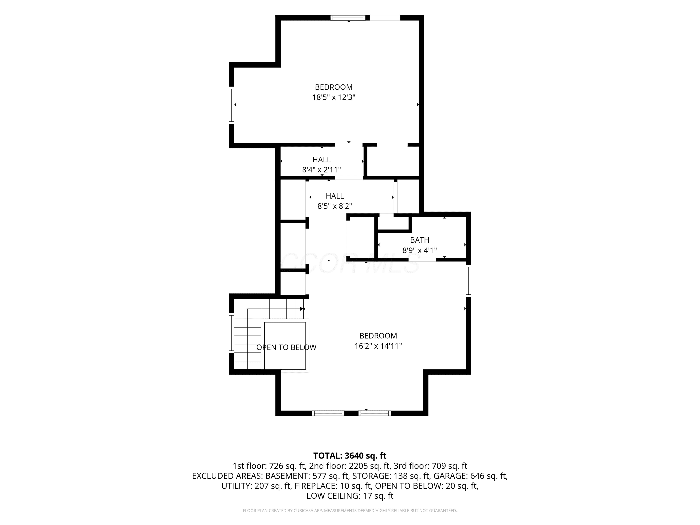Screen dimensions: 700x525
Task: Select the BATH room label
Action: (420, 240)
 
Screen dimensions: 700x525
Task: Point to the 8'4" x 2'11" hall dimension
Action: (322, 170)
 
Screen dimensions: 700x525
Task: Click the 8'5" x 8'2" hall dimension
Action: (335, 206)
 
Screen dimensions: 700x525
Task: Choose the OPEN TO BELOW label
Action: (286, 347)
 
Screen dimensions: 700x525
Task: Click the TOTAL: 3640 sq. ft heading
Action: (350, 456)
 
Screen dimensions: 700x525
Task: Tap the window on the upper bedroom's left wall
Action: (231, 105)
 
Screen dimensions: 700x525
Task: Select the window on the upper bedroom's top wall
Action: (348, 18)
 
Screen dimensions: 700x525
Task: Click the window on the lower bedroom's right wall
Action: (468, 281)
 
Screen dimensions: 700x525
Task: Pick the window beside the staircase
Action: (231, 333)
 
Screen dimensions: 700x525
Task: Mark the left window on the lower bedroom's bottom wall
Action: (328, 413)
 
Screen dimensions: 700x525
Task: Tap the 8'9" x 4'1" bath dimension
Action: (420, 251)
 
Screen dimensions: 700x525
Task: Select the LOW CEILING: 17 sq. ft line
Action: (350, 496)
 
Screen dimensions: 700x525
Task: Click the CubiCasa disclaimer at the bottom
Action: (350, 511)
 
